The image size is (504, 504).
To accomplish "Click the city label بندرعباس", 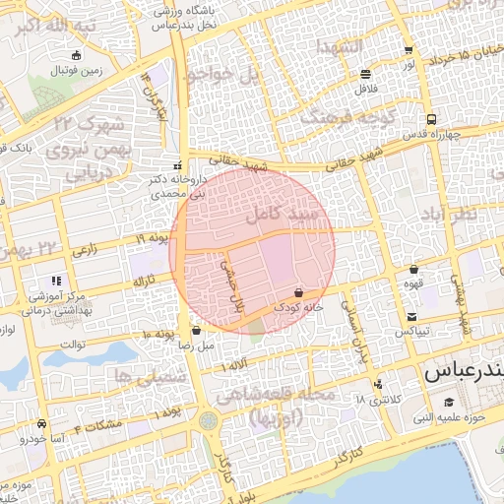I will pos(463,374).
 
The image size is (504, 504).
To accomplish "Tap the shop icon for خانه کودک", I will pos(298,293).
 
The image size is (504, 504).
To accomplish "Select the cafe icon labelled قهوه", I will pos(413,269).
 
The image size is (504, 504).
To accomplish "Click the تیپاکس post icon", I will pos(411,317).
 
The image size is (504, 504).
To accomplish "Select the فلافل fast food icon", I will pos(366,74).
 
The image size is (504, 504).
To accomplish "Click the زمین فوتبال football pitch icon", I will pos(78,55).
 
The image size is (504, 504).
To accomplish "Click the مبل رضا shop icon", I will pos(197,331).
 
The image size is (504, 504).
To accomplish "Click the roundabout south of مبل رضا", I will pos(208,421).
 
